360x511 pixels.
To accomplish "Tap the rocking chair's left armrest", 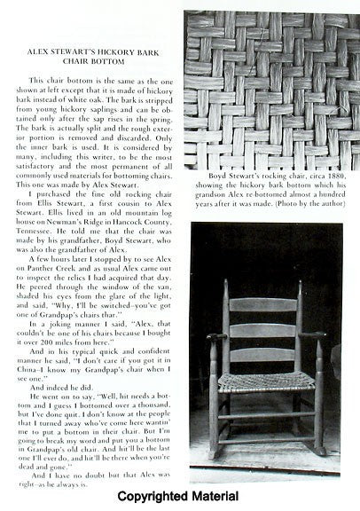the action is [217, 338].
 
